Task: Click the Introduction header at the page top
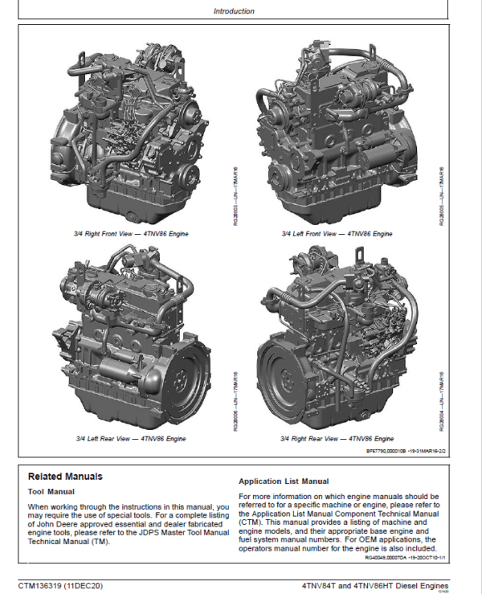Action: [234, 11]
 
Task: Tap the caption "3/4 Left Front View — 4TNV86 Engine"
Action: [337, 233]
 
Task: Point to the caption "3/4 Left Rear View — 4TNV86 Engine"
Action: [131, 439]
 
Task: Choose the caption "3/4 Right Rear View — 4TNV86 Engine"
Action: [337, 439]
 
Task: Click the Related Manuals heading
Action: [65, 477]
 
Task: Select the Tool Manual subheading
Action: [51, 491]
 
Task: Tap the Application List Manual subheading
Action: [284, 481]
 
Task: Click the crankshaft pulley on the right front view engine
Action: [190, 174]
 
